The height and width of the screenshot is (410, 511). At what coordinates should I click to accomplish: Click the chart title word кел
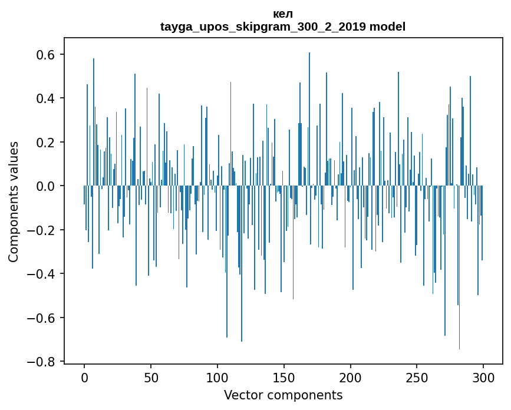pyautogui.click(x=283, y=14)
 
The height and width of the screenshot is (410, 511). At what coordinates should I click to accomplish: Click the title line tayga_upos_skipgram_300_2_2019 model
pyautogui.click(x=283, y=27)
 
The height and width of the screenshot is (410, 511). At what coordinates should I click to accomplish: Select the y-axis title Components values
pyautogui.click(x=14, y=201)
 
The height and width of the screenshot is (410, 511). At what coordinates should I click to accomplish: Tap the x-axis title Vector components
pyautogui.click(x=283, y=395)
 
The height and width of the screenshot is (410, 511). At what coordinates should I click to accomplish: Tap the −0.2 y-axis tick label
pyautogui.click(x=41, y=230)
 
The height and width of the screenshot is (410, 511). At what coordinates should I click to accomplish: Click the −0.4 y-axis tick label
pyautogui.click(x=41, y=274)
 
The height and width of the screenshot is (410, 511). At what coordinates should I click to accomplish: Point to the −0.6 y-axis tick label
pyautogui.click(x=41, y=318)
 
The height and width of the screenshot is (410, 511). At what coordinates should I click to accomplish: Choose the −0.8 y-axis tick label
pyautogui.click(x=41, y=362)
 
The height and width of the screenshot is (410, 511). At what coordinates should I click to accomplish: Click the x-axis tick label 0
pyautogui.click(x=84, y=377)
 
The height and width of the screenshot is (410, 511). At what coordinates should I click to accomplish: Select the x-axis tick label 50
pyautogui.click(x=151, y=377)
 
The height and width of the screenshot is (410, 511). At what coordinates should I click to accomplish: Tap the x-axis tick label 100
pyautogui.click(x=217, y=377)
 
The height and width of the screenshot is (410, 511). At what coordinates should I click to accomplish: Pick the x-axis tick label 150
pyautogui.click(x=284, y=377)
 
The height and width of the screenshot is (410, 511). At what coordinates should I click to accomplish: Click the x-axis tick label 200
pyautogui.click(x=351, y=377)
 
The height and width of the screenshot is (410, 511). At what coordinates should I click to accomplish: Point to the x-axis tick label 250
pyautogui.click(x=417, y=377)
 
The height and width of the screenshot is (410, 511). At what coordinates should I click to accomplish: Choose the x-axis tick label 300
pyautogui.click(x=483, y=377)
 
